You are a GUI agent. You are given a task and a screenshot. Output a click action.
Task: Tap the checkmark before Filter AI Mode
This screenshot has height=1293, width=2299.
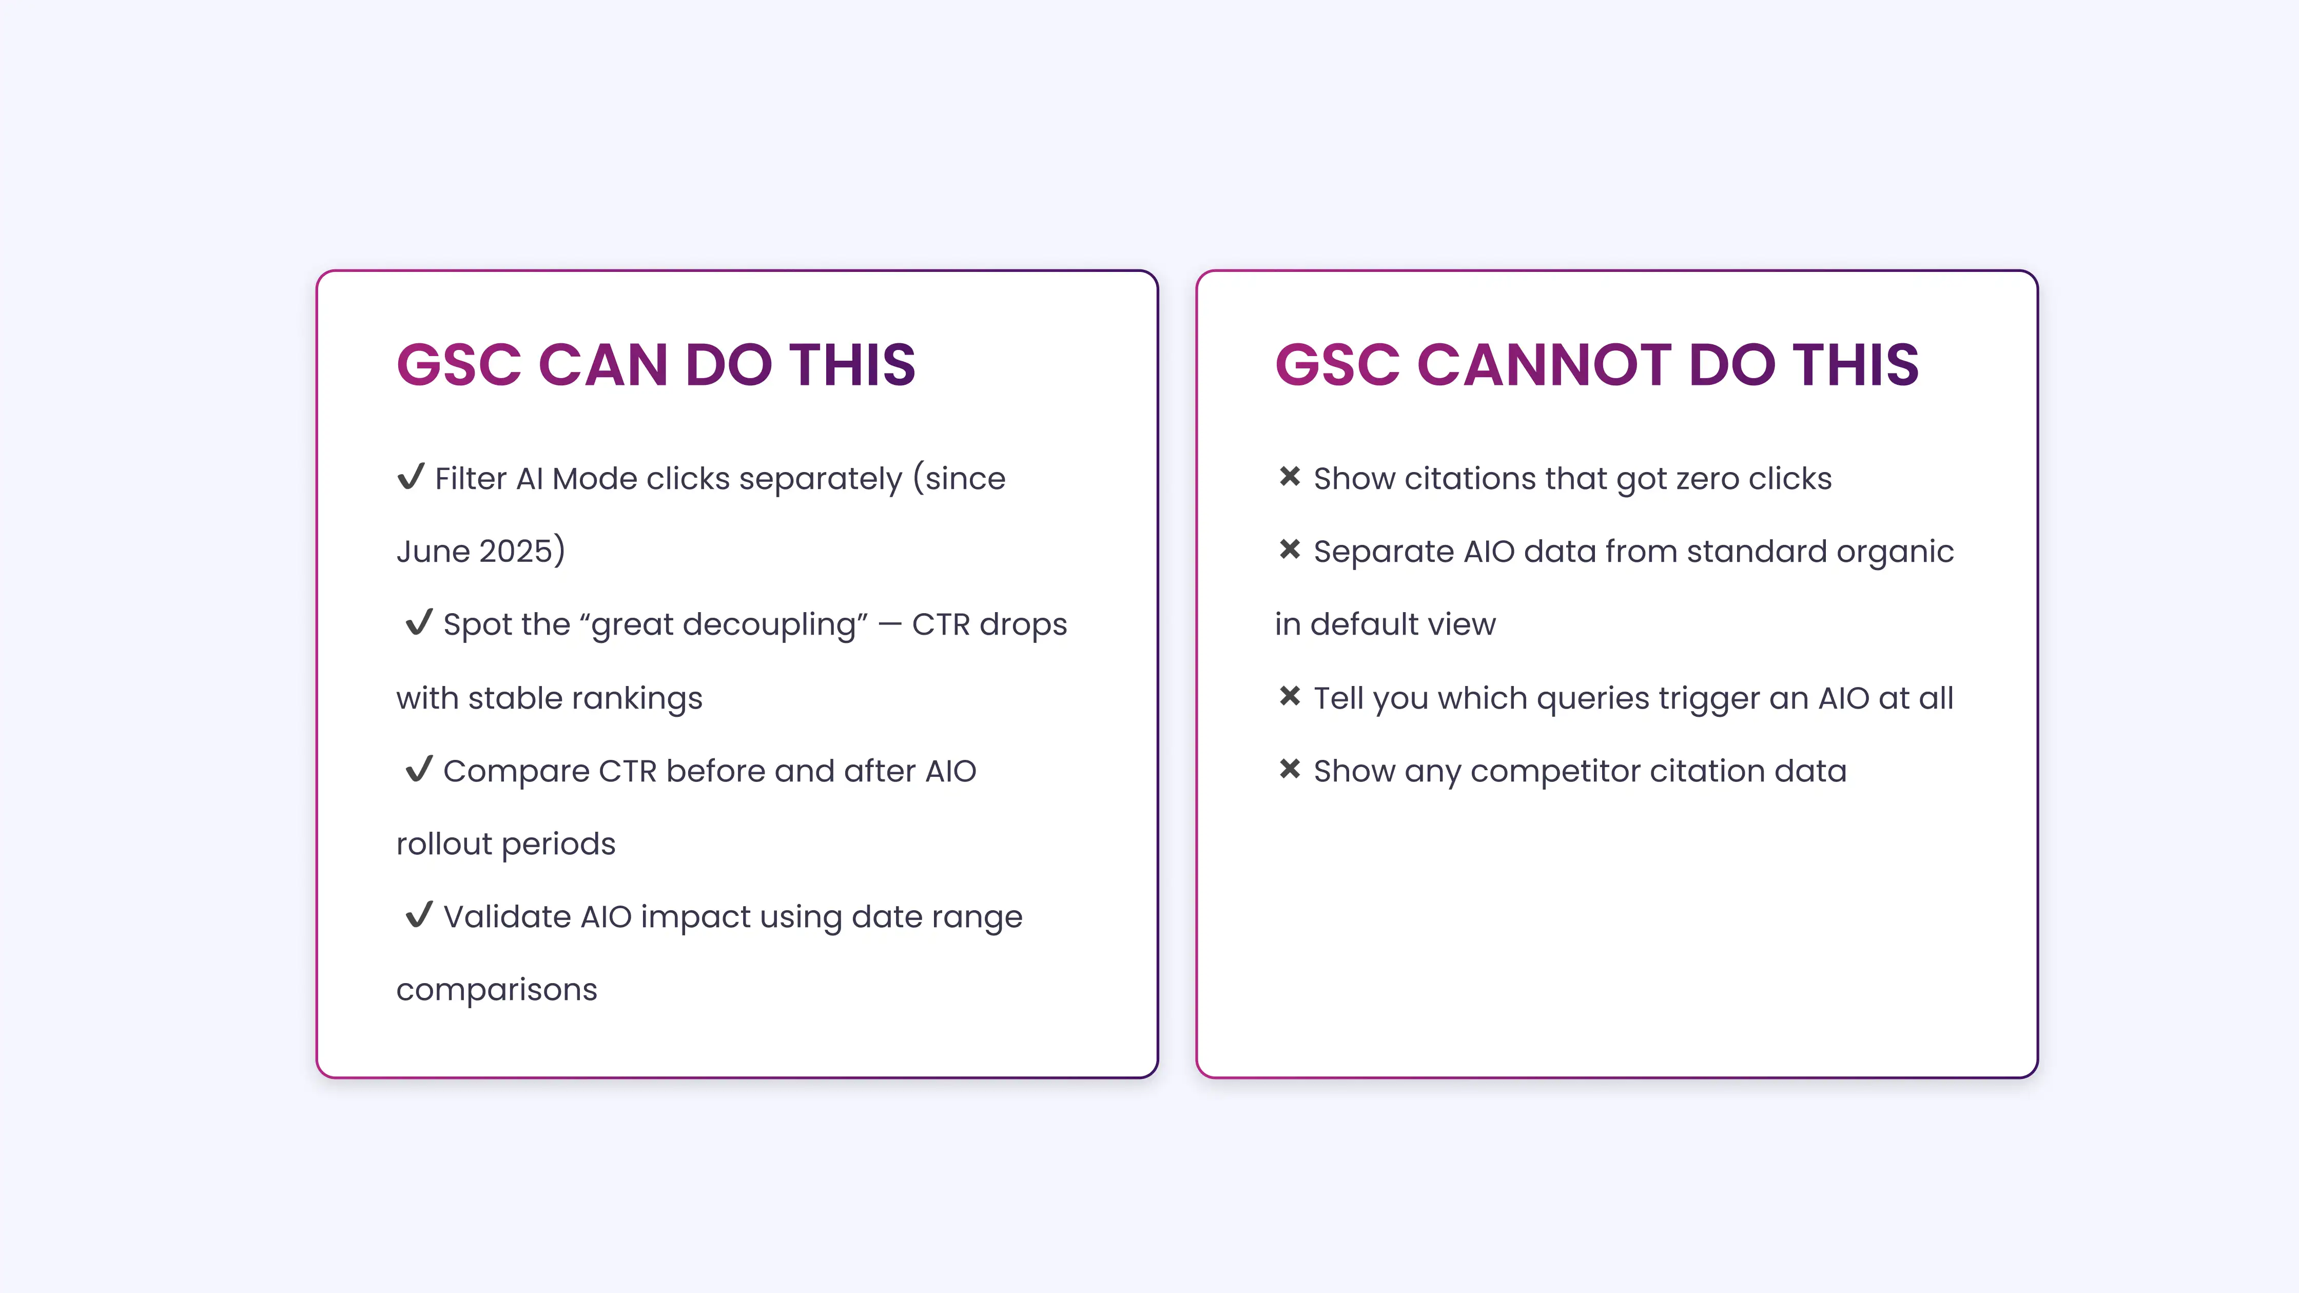pyautogui.click(x=411, y=477)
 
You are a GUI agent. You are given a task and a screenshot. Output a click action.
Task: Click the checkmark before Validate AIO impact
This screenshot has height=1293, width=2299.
pyautogui.click(x=419, y=915)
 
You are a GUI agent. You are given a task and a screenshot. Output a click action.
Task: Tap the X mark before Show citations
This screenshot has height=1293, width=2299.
pyautogui.click(x=1290, y=477)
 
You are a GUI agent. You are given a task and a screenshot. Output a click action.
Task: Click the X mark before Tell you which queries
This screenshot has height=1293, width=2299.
pyautogui.click(x=1290, y=696)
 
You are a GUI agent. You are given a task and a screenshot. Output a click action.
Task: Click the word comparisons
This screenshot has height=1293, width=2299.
pyautogui.click(x=496, y=990)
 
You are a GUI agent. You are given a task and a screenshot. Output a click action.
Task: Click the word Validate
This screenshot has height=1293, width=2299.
pyautogui.click(x=507, y=917)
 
